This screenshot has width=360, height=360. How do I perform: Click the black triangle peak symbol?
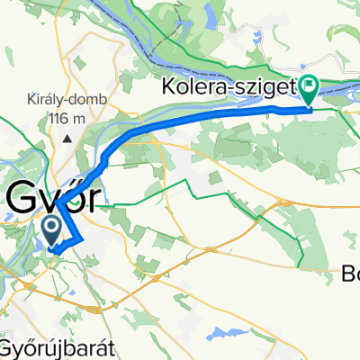[68, 138]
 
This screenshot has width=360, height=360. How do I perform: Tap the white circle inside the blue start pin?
[50, 223]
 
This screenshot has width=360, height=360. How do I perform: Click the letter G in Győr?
[23, 196]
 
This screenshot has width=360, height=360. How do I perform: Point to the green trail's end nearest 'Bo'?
[302, 266]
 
